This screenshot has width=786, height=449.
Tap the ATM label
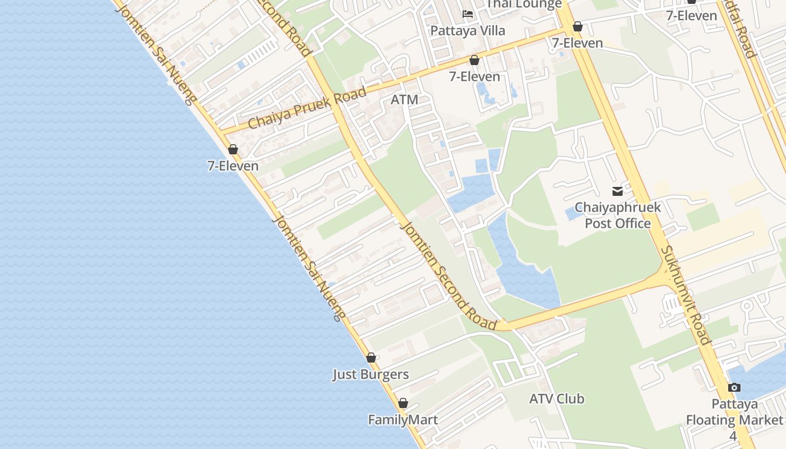coord(405,100)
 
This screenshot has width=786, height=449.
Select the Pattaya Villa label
coord(468,30)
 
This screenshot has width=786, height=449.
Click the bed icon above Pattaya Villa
coord(468,14)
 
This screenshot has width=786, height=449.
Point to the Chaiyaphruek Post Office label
coord(618,216)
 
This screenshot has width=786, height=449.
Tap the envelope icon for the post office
coord(618,191)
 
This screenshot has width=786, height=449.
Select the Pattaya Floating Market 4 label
coord(734,420)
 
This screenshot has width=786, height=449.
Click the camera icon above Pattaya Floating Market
coord(734,387)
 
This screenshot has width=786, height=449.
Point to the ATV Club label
coord(557,399)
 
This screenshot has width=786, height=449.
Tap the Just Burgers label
coord(371,374)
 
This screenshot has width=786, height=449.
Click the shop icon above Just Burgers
coord(371,358)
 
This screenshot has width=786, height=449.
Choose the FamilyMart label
coord(403,420)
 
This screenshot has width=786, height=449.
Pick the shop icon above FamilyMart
coord(403,403)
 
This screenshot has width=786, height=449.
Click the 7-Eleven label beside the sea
coord(233,166)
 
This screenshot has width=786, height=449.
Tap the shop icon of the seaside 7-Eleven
coord(233,149)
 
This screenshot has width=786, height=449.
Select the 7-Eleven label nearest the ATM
coord(474,76)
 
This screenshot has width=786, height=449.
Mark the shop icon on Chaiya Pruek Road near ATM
coord(474,60)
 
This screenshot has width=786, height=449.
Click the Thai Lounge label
coord(524,4)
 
